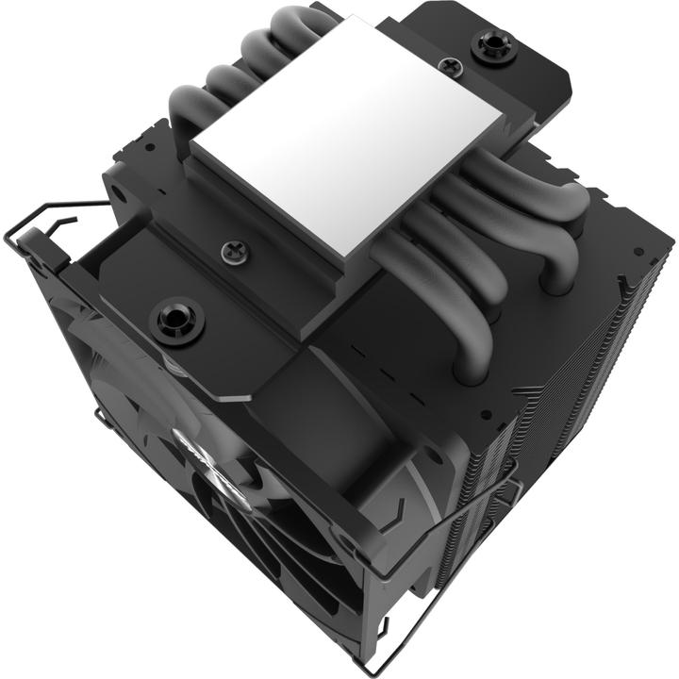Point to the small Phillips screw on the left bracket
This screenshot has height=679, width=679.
point(231,251)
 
